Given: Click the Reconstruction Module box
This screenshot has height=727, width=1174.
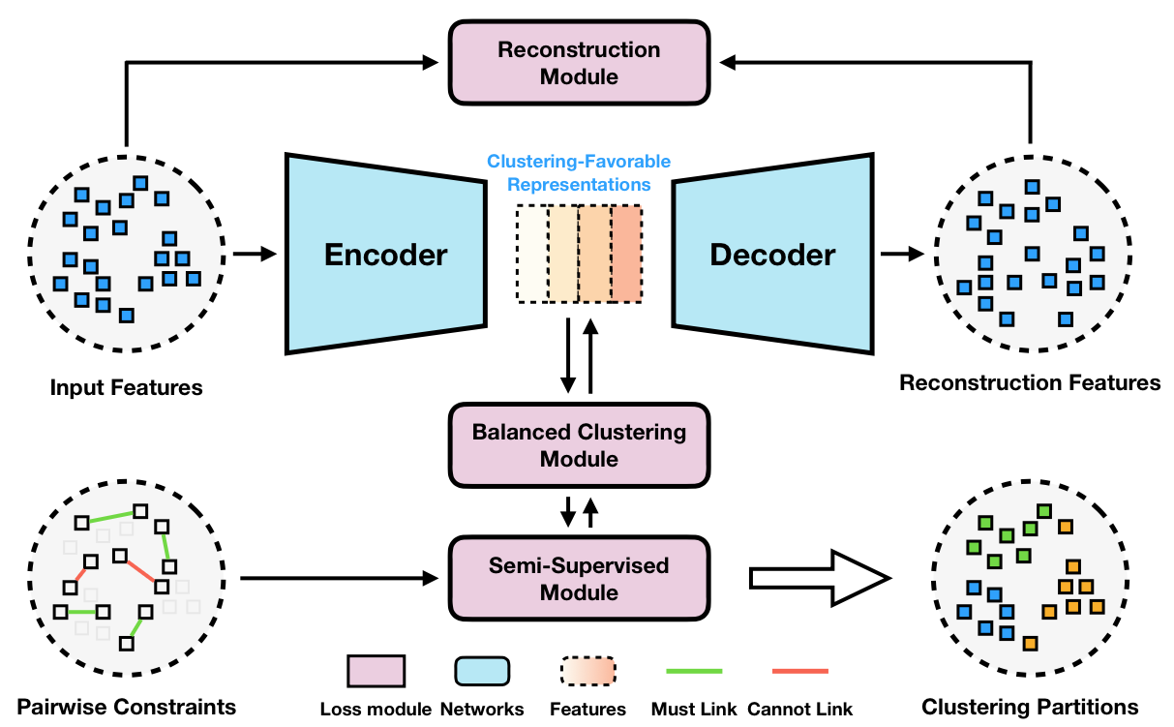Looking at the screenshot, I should click(579, 62).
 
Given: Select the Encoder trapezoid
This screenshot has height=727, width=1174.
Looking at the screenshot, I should click(385, 254).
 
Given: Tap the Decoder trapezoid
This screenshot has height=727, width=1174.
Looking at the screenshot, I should click(772, 254).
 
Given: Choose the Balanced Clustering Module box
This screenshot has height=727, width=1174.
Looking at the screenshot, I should click(579, 444).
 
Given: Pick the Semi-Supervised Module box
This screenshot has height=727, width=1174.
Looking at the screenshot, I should click(579, 578).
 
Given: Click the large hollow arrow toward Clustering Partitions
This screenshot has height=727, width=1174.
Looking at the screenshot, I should click(818, 579).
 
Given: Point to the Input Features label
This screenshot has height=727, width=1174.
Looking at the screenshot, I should click(127, 388).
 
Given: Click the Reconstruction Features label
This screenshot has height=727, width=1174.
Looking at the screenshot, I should click(1030, 382).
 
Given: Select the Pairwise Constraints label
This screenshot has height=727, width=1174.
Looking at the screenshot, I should click(127, 707).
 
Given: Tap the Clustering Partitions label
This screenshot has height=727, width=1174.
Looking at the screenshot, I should click(1030, 707).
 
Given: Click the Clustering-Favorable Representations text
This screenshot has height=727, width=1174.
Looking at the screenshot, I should click(579, 171).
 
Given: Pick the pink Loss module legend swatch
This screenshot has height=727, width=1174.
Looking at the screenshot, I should click(376, 671).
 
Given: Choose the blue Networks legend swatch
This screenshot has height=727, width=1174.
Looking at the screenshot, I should click(481, 671).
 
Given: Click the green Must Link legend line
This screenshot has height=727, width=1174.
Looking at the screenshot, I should click(694, 670).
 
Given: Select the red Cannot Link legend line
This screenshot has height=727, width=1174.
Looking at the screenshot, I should click(800, 670).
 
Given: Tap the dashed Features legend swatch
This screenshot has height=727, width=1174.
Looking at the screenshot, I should click(588, 671).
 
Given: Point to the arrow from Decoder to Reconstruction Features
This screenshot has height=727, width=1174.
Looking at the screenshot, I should click(901, 254).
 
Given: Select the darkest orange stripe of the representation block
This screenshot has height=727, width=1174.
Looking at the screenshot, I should click(626, 254).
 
